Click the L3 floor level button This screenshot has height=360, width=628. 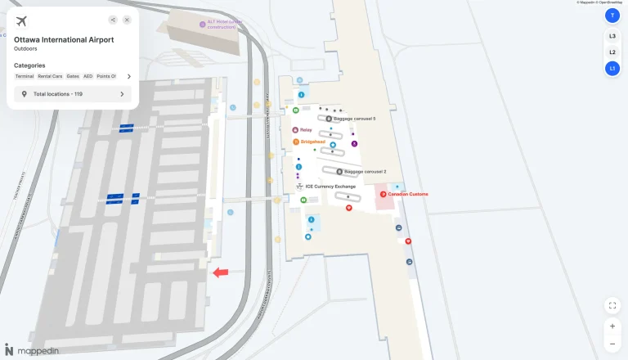coord(612,36)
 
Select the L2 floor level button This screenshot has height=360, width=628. coord(612,52)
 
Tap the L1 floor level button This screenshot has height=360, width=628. coord(612,68)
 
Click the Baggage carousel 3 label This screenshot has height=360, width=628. coord(354,119)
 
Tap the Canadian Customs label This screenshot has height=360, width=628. coord(407,194)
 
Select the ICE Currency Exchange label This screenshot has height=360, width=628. coord(330,187)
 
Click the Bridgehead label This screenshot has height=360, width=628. coord(312,142)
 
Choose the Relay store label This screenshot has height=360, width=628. coord(306,130)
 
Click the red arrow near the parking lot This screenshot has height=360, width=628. coord(220,272)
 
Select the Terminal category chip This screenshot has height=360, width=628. coord(25,76)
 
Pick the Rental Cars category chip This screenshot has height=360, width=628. coord(50,76)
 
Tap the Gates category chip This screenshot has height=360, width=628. coord(73,76)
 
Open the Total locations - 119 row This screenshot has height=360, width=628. coord(73,94)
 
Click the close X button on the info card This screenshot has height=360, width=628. coord(127,20)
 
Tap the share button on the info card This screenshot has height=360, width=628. coord(112,20)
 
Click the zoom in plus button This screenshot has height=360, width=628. coord(612,326)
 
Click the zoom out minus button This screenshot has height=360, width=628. coord(612,344)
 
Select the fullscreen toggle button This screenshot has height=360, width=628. coord(612,305)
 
